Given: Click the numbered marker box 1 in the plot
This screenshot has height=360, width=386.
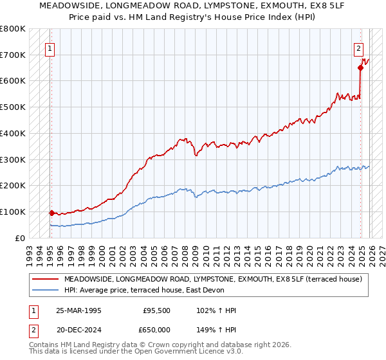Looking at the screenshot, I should (50, 48).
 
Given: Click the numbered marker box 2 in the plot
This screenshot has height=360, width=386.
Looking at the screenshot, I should (358, 48).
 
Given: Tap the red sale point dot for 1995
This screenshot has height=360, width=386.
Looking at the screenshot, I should (51, 212).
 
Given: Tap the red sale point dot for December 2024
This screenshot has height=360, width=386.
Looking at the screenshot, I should (360, 67).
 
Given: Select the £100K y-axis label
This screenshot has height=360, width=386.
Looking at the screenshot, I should (13, 212).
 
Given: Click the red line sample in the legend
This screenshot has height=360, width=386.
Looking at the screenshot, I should (45, 279).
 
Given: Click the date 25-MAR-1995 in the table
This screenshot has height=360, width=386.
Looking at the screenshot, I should (78, 310).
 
